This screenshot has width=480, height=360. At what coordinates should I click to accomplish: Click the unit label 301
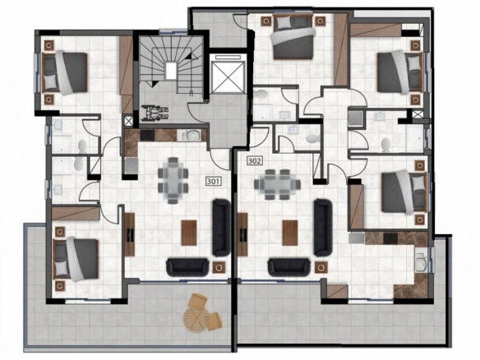214,182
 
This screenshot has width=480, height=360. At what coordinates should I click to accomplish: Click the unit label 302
255,161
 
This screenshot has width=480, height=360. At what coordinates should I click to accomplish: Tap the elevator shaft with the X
228,75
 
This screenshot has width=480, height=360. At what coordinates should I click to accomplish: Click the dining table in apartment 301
173,181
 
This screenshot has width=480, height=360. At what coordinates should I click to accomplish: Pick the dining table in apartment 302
277,185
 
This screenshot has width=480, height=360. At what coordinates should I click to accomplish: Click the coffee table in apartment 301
189,233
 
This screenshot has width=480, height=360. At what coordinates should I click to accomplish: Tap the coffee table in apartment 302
290,233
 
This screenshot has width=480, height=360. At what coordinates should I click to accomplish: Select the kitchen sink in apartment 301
192,135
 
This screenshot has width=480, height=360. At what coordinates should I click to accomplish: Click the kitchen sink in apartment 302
422,262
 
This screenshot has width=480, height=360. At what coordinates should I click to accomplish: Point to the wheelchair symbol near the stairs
155,113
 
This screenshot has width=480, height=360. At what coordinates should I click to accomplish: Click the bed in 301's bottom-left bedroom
76,260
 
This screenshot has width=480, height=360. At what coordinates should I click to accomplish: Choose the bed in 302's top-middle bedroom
293,36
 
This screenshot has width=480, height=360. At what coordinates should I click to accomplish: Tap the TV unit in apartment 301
130,234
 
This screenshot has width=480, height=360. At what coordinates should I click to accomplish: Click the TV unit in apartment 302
242,234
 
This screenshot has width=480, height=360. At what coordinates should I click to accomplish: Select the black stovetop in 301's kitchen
148,135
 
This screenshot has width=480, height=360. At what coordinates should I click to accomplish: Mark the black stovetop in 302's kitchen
390,238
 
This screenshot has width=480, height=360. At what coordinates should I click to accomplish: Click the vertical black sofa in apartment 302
323,228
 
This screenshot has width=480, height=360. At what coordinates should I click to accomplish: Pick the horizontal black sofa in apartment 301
187,267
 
